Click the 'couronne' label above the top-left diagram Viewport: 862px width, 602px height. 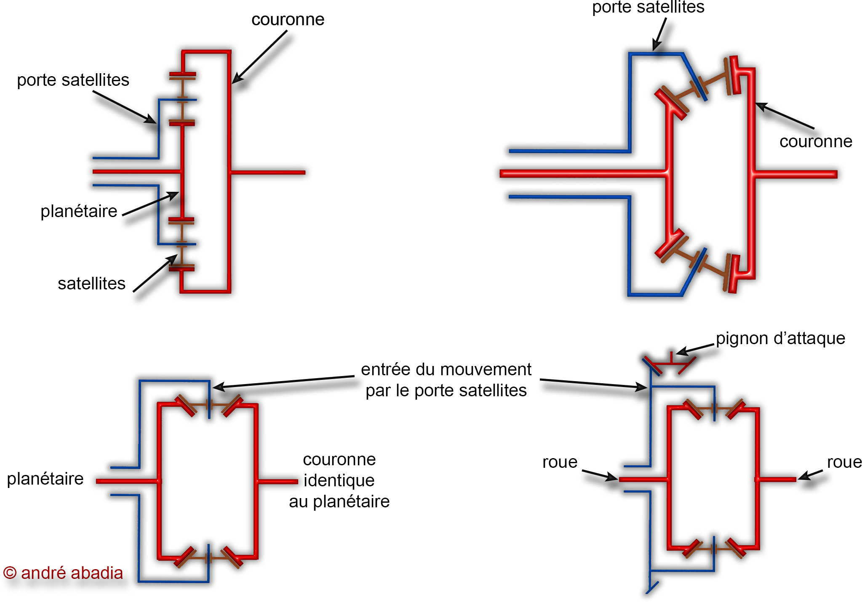[288, 20]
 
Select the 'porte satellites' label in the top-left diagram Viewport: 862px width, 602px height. [73, 80]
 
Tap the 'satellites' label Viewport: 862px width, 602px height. [91, 284]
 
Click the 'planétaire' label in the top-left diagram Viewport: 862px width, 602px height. [79, 211]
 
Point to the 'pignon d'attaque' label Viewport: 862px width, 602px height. [780, 339]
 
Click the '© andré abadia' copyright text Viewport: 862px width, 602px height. [63, 573]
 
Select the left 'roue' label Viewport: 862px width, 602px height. [560, 462]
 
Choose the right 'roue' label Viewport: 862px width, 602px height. [844, 462]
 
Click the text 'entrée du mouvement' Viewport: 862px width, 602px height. [446, 369]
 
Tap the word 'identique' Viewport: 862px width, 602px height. [339, 480]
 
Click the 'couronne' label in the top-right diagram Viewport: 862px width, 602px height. [816, 142]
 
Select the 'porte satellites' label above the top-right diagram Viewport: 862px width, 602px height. [648, 7]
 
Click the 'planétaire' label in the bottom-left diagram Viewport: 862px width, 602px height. [45, 479]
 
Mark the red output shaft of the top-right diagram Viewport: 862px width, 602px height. [796, 174]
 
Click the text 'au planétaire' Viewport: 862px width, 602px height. [339, 501]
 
